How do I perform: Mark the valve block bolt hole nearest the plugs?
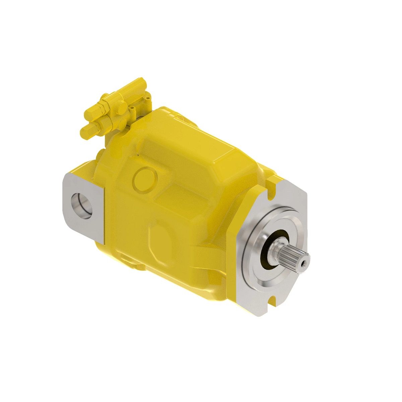(133, 109)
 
